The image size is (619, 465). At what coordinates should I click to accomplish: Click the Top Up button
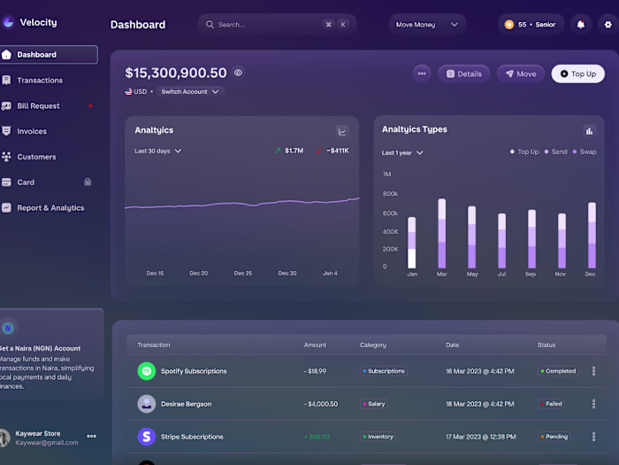point(578,74)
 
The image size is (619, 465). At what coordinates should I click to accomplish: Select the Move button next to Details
point(520,74)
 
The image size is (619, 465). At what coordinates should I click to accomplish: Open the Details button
point(464,74)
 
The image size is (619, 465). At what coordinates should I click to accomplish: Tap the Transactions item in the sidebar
point(40,81)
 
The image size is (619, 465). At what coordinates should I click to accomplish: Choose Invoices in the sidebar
point(32,131)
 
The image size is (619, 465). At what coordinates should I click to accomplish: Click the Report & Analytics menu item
point(50,208)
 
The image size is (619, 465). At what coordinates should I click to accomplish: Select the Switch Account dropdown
point(190,91)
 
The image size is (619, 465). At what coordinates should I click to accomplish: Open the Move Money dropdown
point(427,25)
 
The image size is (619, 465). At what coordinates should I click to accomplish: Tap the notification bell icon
point(581,25)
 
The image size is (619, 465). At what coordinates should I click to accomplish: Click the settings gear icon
point(608,25)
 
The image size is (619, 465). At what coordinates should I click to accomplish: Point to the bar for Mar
point(441,233)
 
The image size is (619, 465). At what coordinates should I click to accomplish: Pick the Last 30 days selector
point(157,151)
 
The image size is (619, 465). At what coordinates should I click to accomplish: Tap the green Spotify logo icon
point(147,371)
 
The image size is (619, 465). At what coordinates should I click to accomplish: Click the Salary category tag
point(374,404)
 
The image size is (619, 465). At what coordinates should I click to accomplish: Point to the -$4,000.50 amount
point(321,404)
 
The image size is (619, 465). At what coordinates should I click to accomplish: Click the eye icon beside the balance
point(238,73)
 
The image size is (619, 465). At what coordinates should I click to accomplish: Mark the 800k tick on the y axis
point(390,193)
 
